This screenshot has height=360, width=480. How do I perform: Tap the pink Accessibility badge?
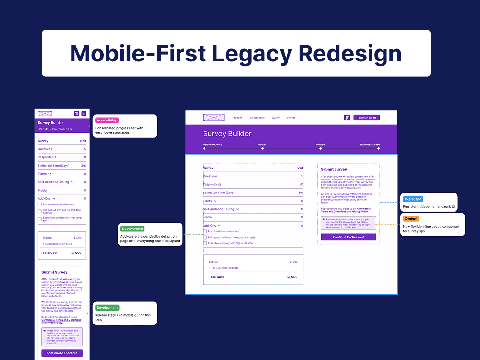pyautogui.click(x=107, y=120)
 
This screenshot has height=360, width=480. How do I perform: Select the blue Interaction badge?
pyautogui.click(x=413, y=199)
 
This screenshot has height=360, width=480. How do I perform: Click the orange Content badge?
pyautogui.click(x=411, y=219)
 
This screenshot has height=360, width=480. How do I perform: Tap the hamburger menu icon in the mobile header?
pyautogui.click(x=84, y=114)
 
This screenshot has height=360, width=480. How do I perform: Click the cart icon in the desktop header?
pyautogui.click(x=347, y=118)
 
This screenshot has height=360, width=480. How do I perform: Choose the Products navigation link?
pyautogui.click(x=238, y=118)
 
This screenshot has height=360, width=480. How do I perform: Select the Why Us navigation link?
pyautogui.click(x=291, y=118)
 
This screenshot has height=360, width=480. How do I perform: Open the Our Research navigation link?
pyautogui.click(x=257, y=118)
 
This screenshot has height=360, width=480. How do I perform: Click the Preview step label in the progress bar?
pyautogui.click(x=320, y=144)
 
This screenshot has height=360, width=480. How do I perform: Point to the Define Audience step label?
pyautogui.click(x=213, y=144)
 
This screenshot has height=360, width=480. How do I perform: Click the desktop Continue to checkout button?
pyautogui.click(x=348, y=237)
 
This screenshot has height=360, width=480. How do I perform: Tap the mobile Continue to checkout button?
pyautogui.click(x=62, y=353)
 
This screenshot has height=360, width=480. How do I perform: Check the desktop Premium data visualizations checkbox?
pyautogui.click(x=204, y=231)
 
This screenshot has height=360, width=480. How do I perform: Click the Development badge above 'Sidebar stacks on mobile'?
pyautogui.click(x=107, y=308)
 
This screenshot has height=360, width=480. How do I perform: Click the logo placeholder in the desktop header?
pyautogui.click(x=214, y=118)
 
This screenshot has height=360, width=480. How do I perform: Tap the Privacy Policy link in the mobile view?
pyautogui.click(x=54, y=323)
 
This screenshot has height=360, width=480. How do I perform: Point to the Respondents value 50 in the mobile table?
pyautogui.click(x=84, y=157)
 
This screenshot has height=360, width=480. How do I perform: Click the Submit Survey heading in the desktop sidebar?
pyautogui.click(x=334, y=169)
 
